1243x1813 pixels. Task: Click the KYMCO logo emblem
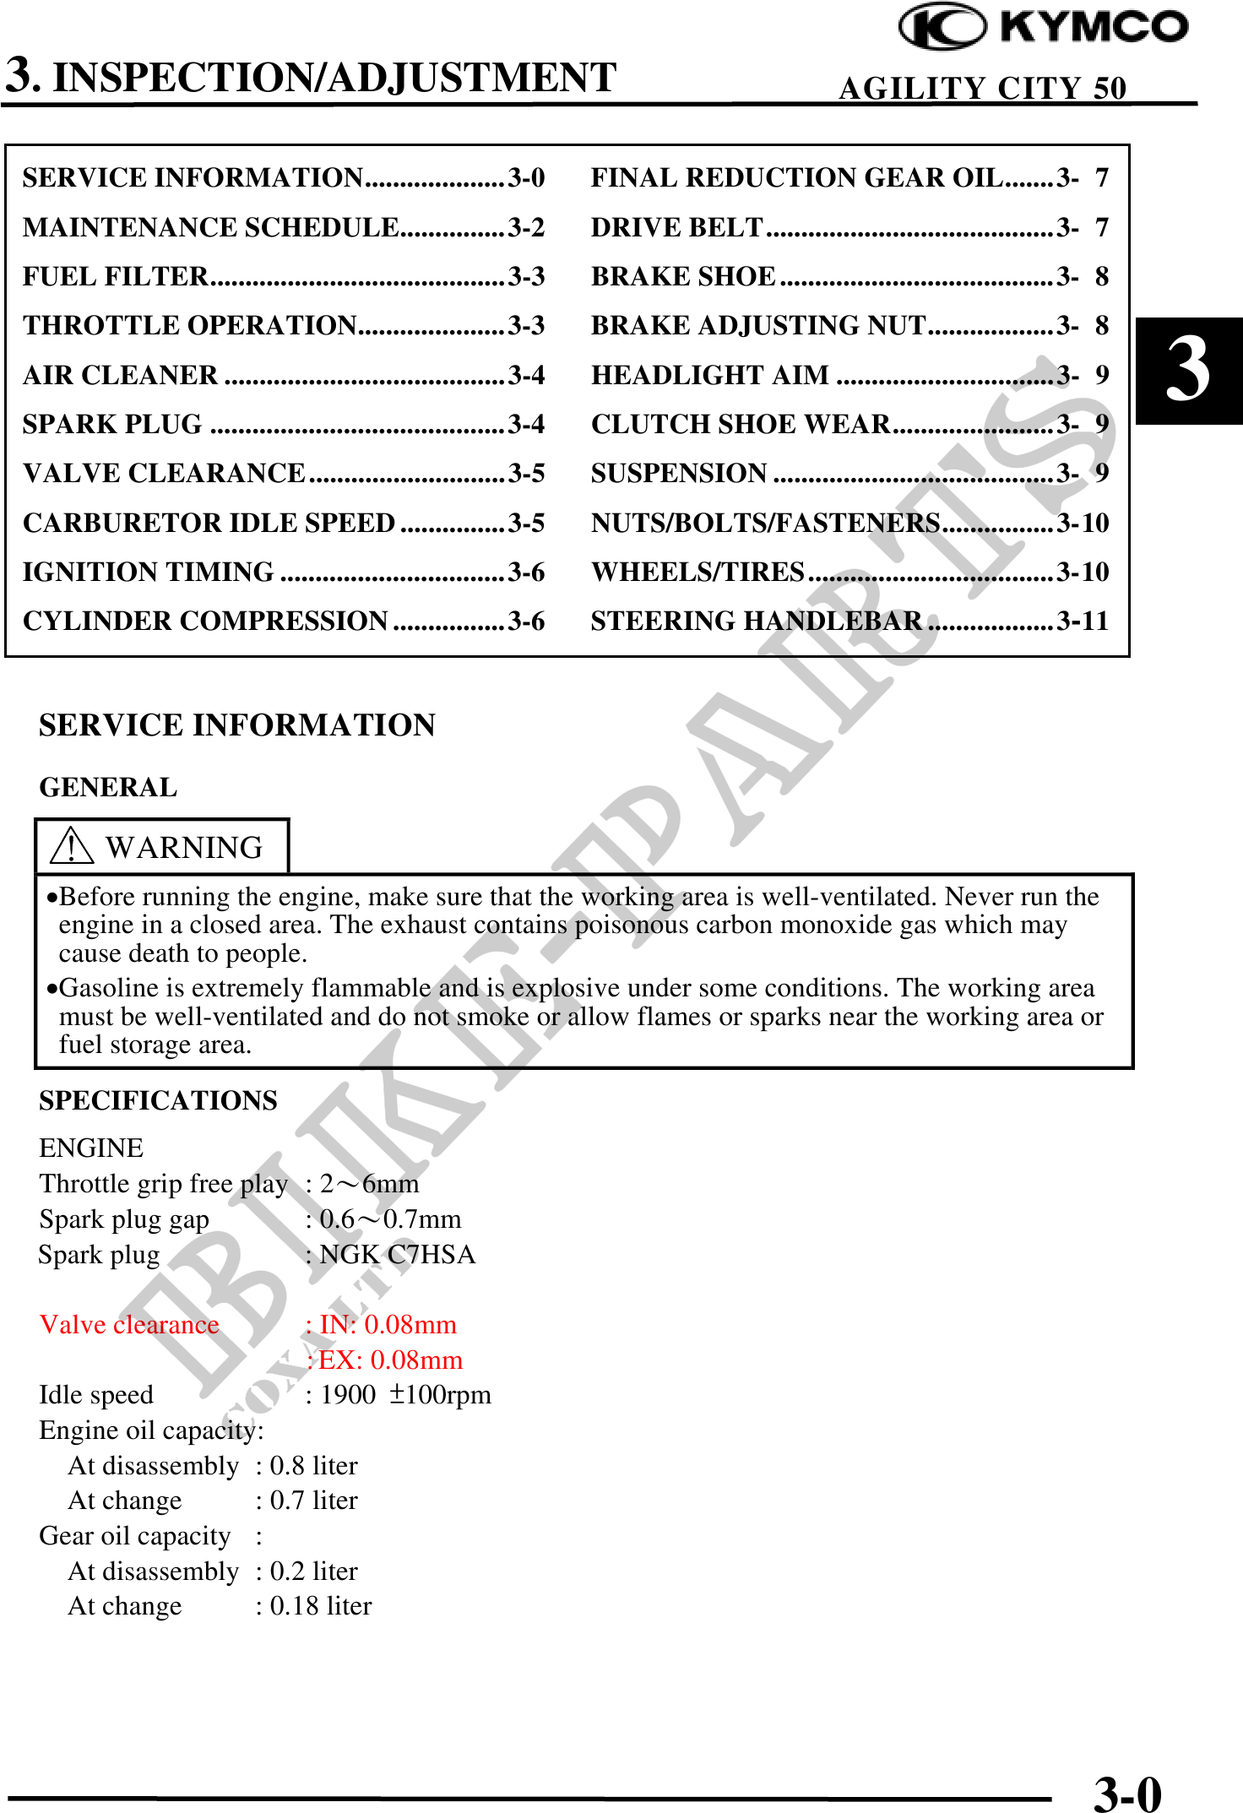tap(942, 27)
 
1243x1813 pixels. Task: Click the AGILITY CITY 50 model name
tap(982, 88)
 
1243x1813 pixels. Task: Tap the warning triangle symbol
tap(71, 845)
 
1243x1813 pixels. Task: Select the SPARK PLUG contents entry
tap(112, 424)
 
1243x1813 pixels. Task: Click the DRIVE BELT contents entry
tap(677, 227)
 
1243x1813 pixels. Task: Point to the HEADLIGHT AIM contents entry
tap(710, 375)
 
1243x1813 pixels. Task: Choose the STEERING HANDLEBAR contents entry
tap(756, 621)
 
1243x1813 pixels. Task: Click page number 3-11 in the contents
tap(1083, 621)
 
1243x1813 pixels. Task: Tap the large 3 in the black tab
tap(1187, 370)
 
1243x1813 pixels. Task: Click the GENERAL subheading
tap(108, 787)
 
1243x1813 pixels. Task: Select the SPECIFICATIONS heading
tap(158, 1100)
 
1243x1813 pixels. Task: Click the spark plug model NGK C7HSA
tap(397, 1254)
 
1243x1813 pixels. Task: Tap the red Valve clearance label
tap(129, 1324)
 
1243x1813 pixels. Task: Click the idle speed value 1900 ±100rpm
tap(405, 1395)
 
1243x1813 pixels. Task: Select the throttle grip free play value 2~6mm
tap(369, 1184)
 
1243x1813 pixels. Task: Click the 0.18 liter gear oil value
tap(320, 1606)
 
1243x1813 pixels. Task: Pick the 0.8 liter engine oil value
tap(313, 1466)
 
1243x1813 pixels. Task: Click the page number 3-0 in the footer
tap(1127, 1793)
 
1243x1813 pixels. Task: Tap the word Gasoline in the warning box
tap(109, 988)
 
